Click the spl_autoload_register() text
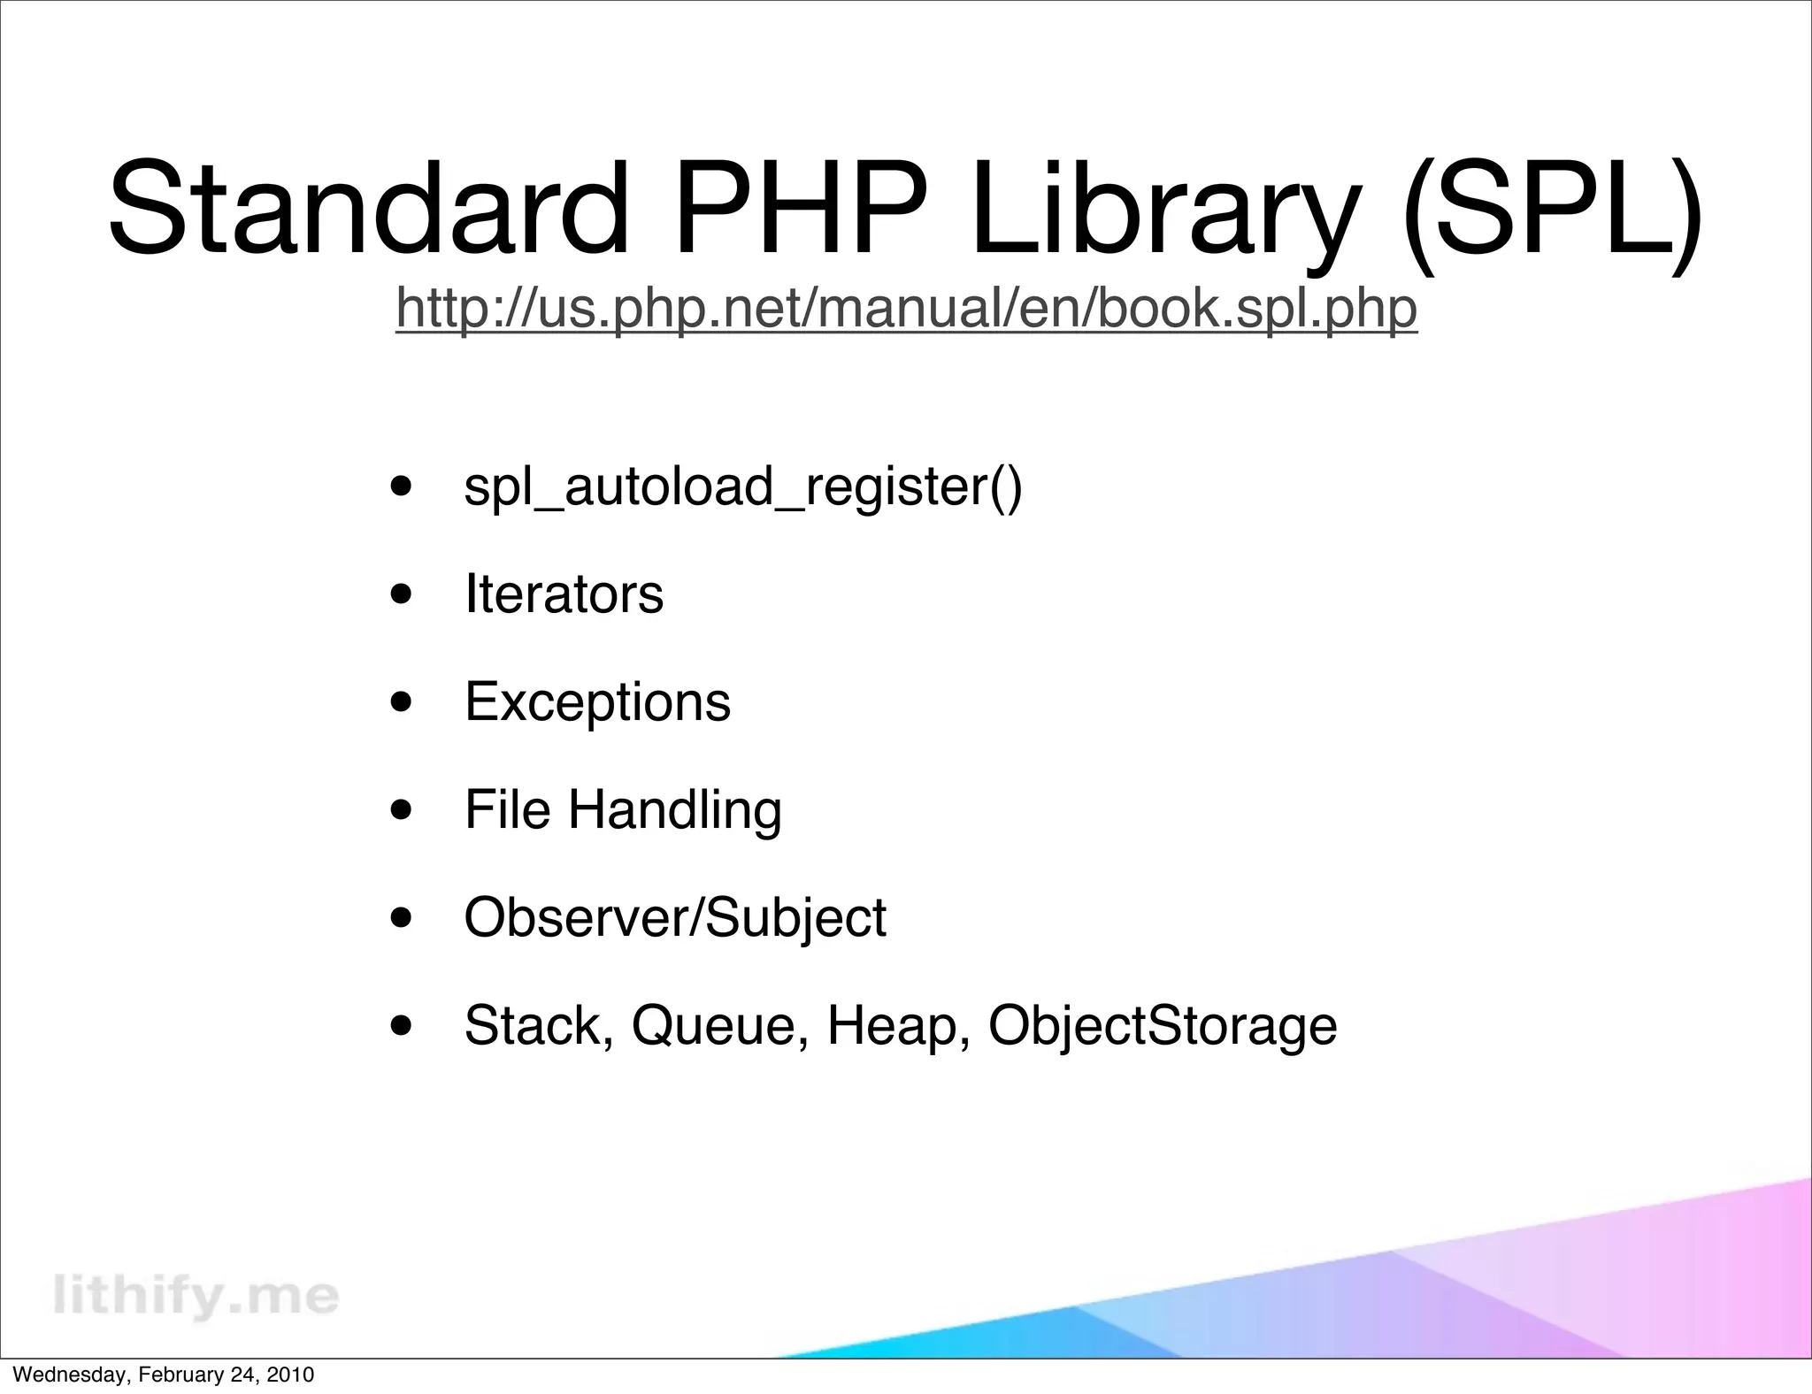(743, 487)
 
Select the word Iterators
(564, 594)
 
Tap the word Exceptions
(597, 703)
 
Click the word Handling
(674, 811)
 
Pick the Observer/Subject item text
(674, 918)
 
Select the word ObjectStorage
(1162, 1026)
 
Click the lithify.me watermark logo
(196, 1296)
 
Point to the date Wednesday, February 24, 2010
(164, 1375)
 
